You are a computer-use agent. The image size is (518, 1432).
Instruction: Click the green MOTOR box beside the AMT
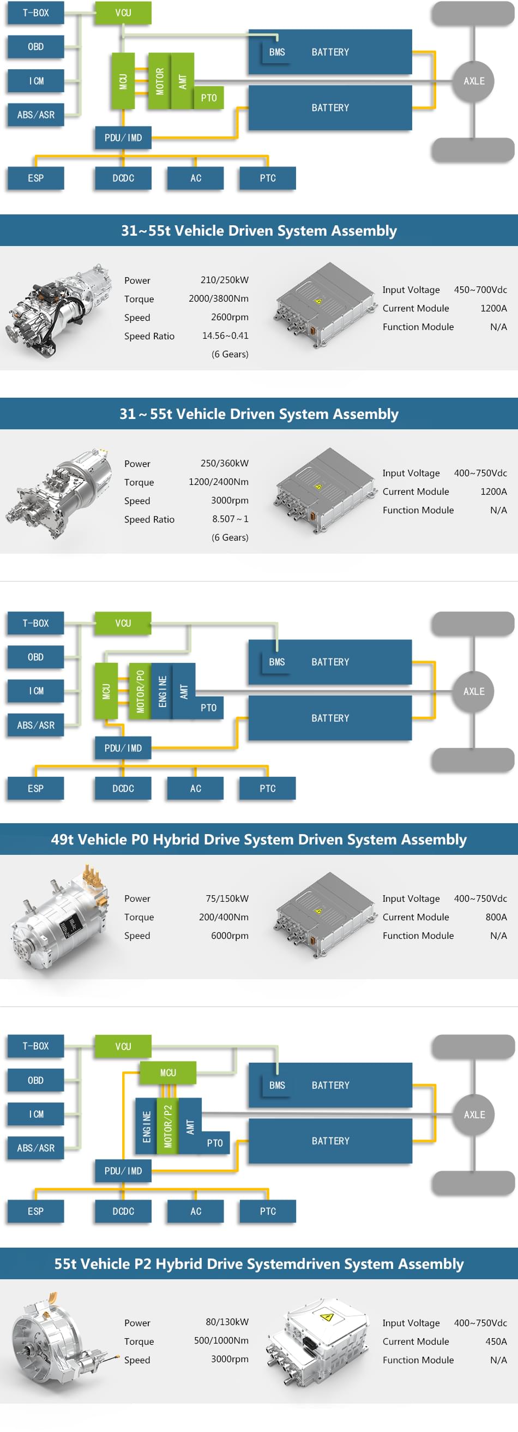click(160, 81)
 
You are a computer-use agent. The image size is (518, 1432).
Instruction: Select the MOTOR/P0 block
click(140, 691)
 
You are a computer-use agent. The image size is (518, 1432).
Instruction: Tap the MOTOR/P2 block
click(168, 1126)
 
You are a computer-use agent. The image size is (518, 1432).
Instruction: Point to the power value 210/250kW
click(225, 280)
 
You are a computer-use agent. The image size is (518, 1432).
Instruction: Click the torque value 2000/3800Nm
click(219, 298)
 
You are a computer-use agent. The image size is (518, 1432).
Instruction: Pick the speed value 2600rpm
click(230, 317)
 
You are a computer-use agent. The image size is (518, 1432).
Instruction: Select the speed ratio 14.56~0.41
click(225, 335)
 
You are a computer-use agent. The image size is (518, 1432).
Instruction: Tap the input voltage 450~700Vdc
click(480, 290)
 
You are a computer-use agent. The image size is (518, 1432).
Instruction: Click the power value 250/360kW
click(225, 463)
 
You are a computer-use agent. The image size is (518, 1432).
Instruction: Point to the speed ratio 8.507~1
click(230, 519)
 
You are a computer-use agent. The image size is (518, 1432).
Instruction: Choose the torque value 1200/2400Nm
click(219, 482)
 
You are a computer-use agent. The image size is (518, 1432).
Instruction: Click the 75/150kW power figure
click(227, 898)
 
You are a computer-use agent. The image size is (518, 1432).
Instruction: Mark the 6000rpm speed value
click(230, 936)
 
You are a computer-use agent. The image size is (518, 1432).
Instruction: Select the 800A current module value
click(496, 916)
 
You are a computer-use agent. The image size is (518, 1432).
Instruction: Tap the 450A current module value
click(496, 1341)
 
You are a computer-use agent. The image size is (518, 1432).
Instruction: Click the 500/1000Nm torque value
click(221, 1340)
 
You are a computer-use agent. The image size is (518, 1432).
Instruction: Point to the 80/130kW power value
click(227, 1322)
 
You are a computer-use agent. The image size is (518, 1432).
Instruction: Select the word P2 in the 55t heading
click(143, 1263)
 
